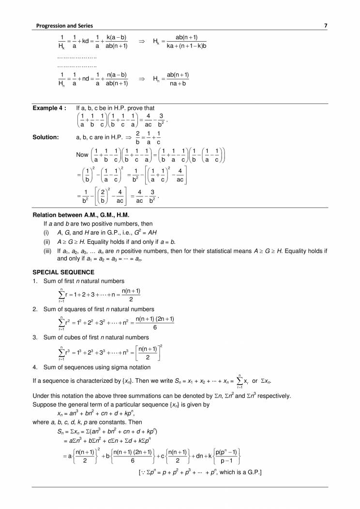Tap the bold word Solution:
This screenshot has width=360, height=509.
(x=45, y=137)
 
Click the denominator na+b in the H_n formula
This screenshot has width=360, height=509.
(x=177, y=84)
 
